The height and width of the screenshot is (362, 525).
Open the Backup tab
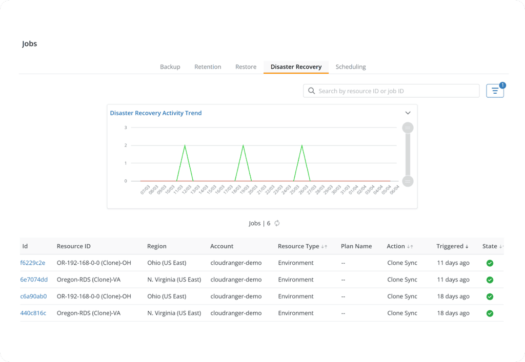[x=170, y=67]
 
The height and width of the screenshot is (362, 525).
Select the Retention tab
[x=208, y=67]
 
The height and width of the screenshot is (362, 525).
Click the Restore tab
[x=246, y=67]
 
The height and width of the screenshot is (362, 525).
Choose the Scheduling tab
[x=351, y=67]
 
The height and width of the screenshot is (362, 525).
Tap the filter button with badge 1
[x=495, y=91]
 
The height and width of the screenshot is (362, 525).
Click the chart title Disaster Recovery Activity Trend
[x=156, y=113]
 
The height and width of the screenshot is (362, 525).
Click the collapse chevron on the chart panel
[x=408, y=113]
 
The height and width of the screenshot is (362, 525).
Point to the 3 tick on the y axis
[x=126, y=127]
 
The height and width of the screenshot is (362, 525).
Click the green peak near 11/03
[x=185, y=146]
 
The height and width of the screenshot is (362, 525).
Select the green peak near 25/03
[x=301, y=146]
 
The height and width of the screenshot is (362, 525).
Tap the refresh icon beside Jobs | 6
[x=277, y=223]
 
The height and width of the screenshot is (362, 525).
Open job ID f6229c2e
[x=33, y=263]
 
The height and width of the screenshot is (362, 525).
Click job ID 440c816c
[x=33, y=313]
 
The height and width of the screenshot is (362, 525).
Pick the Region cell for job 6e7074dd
[x=174, y=280]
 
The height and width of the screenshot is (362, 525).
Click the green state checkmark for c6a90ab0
[x=490, y=296]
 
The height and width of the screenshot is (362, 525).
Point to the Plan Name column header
[x=356, y=246]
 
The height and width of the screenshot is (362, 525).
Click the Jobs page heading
[x=30, y=44]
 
